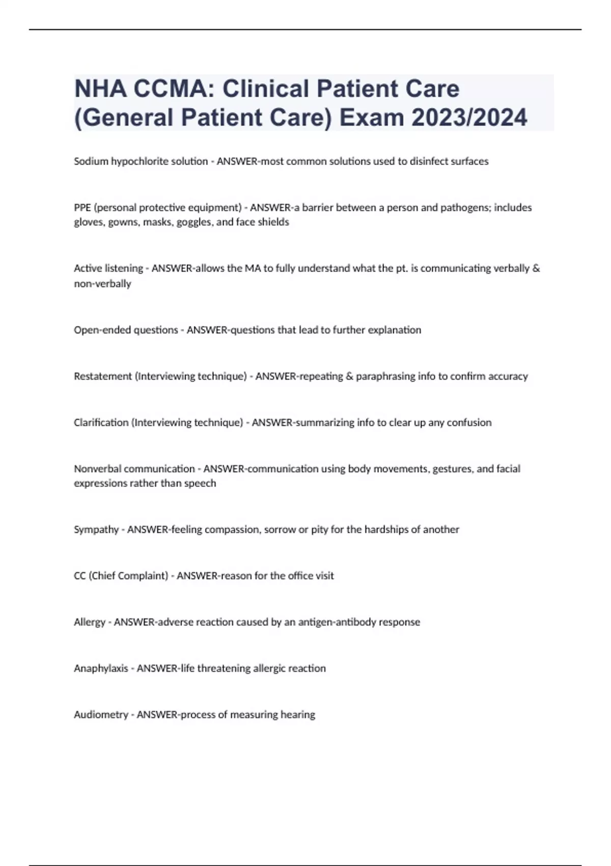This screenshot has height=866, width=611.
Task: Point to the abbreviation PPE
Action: tap(82, 208)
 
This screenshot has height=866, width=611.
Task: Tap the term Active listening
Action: tap(108, 268)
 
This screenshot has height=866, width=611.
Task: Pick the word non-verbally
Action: tap(102, 284)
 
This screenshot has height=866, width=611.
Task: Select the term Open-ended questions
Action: tap(126, 330)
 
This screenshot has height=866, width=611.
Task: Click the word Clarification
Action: tap(101, 423)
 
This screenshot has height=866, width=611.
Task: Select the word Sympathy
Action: tap(96, 530)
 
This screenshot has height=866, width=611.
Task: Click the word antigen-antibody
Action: tap(331, 623)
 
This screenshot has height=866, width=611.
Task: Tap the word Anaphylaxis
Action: tap(101, 668)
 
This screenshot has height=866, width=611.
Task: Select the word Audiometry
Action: tap(101, 715)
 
